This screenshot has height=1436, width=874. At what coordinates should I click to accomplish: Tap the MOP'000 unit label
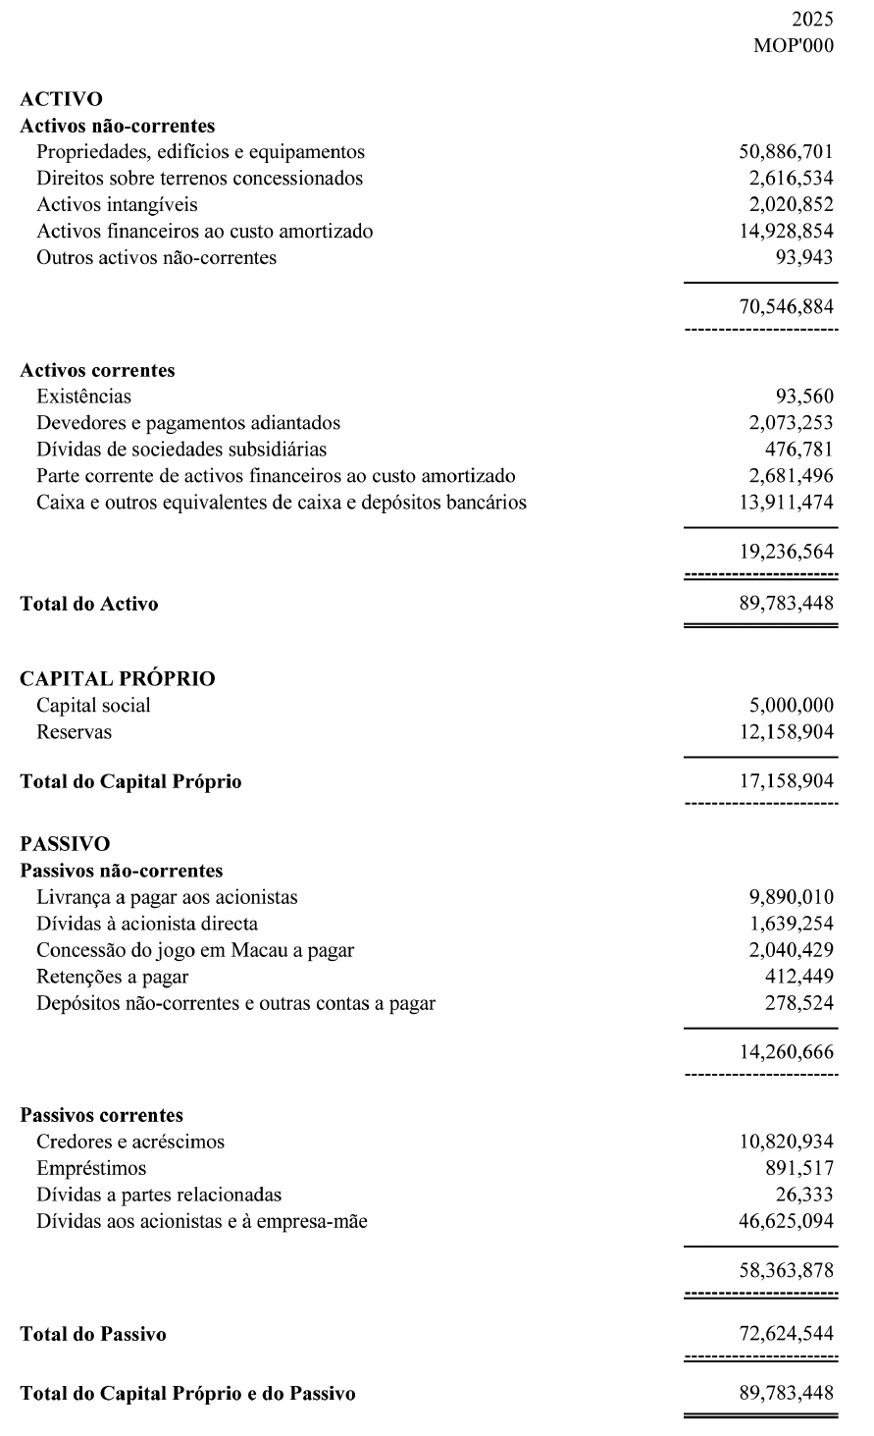[794, 45]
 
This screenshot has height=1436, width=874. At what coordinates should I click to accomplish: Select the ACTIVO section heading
[61, 98]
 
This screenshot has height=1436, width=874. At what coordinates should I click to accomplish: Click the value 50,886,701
[786, 152]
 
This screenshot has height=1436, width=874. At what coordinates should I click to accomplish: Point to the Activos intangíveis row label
[117, 205]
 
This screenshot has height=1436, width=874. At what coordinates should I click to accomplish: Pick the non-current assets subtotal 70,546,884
[786, 307]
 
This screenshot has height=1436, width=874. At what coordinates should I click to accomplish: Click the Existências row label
[83, 397]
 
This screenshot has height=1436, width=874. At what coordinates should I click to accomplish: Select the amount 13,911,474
[786, 503]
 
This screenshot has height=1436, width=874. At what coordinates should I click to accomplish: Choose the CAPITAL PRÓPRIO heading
[118, 678]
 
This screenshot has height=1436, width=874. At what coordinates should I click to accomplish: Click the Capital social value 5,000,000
[791, 706]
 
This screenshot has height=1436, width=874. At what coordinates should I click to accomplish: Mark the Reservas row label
[74, 732]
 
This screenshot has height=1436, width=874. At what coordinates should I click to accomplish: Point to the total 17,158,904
[786, 782]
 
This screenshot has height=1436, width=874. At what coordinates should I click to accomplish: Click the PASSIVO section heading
[65, 843]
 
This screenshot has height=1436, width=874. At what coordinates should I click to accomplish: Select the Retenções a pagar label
[112, 977]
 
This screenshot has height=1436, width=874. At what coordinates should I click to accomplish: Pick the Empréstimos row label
[91, 1169]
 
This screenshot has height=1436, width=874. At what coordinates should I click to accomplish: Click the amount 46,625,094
[786, 1222]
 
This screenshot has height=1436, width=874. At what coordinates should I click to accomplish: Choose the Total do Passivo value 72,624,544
[786, 1335]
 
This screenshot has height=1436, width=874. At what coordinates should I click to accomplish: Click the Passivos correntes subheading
[101, 1115]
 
